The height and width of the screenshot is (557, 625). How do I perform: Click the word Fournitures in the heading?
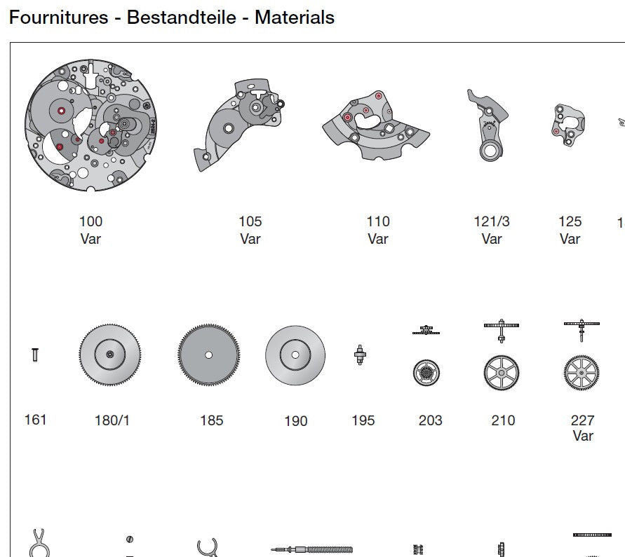pos(58,17)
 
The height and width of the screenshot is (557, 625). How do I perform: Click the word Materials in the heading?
pos(294,17)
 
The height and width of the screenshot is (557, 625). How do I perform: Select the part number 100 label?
pos(90,221)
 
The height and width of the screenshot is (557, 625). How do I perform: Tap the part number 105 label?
pos(250,221)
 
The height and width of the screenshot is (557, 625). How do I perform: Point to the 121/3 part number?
pos(492,221)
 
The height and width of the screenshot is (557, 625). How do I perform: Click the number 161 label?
pos(35,420)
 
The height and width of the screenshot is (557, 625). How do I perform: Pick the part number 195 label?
pos(363,420)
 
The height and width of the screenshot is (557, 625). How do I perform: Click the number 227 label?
pos(582,420)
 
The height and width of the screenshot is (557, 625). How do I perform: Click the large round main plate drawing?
pos(88,126)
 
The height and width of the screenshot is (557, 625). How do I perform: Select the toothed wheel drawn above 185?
pos(208,355)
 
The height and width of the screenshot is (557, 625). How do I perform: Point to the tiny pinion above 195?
pos(361,355)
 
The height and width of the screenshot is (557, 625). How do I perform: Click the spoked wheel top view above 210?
pos(502,373)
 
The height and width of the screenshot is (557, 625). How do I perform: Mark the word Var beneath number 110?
pos(377,239)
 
